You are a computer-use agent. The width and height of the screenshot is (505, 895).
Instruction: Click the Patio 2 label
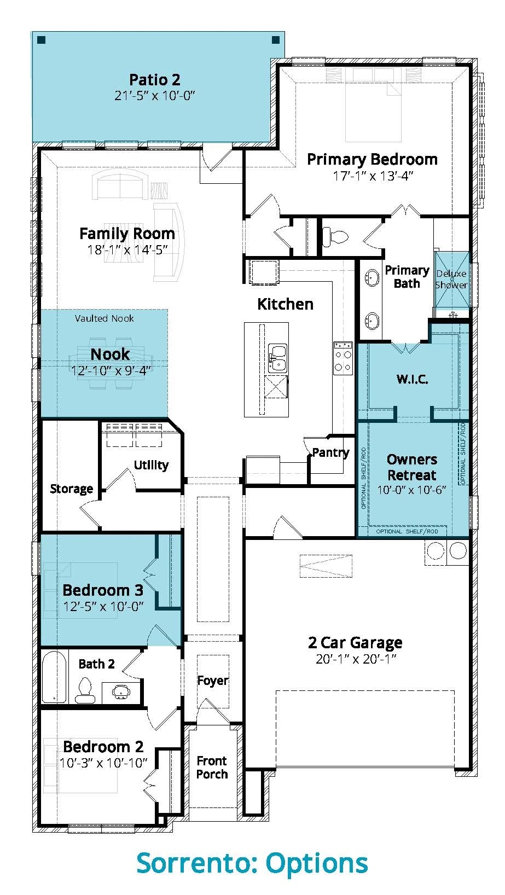[155, 79]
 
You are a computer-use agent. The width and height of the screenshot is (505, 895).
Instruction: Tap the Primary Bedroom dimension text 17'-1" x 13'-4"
[373, 176]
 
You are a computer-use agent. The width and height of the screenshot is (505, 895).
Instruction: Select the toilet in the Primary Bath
[335, 236]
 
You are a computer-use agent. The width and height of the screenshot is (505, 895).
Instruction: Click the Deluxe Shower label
[451, 280]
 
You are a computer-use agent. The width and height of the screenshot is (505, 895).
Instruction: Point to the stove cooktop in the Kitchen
[343, 358]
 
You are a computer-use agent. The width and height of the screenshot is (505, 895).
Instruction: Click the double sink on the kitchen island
[277, 358]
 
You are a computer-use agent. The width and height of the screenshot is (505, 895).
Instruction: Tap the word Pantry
[330, 452]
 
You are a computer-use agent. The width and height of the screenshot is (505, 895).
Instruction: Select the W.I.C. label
[413, 379]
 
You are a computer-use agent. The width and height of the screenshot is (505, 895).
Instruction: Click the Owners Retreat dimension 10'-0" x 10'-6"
[411, 490]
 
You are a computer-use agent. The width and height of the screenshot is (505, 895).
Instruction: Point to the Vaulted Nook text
[105, 318]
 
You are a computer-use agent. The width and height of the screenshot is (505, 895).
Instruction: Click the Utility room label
[151, 465]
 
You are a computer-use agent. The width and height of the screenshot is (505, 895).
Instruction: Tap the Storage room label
[72, 489]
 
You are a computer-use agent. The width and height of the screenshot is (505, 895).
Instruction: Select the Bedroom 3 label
[103, 590]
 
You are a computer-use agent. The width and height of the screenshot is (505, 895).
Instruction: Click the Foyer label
[212, 681]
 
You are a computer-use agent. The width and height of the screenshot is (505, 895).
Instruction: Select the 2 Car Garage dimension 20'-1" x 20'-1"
[356, 659]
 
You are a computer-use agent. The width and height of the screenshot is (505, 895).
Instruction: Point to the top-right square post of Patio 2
[276, 40]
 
